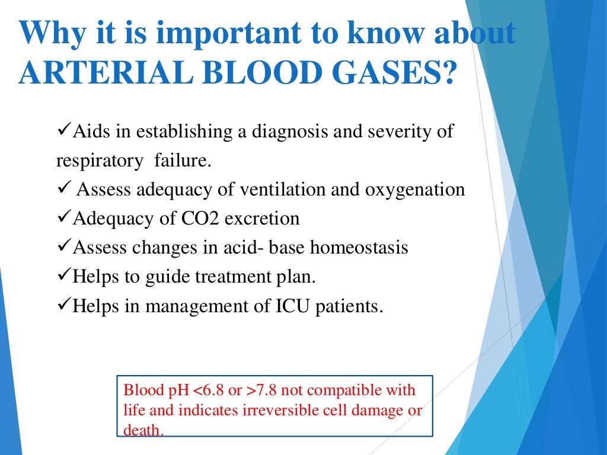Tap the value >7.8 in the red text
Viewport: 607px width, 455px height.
point(264,391)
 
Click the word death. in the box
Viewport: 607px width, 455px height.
point(143,430)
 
